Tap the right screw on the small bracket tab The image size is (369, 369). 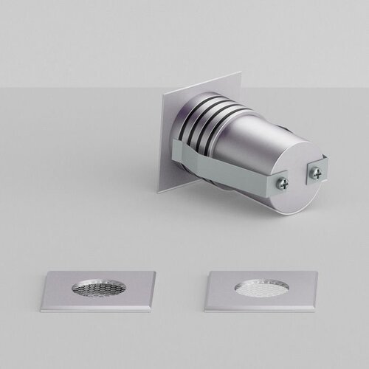316,173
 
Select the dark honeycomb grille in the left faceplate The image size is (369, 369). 99,288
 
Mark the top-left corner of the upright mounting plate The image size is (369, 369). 164,94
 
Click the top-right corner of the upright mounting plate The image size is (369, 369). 240,72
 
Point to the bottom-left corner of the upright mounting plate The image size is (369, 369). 159,192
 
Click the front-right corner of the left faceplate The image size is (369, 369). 153,309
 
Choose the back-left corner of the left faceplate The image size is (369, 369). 49,272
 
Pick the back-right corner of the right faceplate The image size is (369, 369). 312,272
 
